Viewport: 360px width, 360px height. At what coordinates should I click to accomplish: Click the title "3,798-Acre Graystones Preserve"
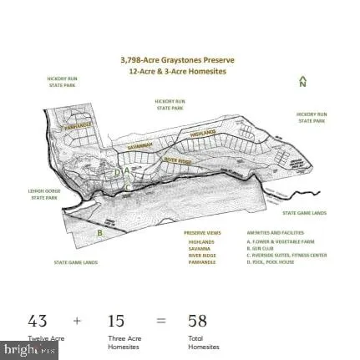177,60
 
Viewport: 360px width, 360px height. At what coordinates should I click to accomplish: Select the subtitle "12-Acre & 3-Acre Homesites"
177,72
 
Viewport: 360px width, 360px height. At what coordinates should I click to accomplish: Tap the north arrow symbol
302,82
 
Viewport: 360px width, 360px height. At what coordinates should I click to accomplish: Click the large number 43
38,321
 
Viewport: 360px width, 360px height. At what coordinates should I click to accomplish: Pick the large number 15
116,321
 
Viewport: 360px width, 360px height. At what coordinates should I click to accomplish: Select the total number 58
197,321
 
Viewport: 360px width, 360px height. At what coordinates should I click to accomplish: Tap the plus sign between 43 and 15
77,321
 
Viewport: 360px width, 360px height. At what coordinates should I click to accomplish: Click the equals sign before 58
161,321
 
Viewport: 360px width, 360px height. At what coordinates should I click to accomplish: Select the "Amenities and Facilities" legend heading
263,233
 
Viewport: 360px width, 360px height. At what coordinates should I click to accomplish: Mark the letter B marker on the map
99,233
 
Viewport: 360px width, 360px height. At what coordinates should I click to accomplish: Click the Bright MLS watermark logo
29,351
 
